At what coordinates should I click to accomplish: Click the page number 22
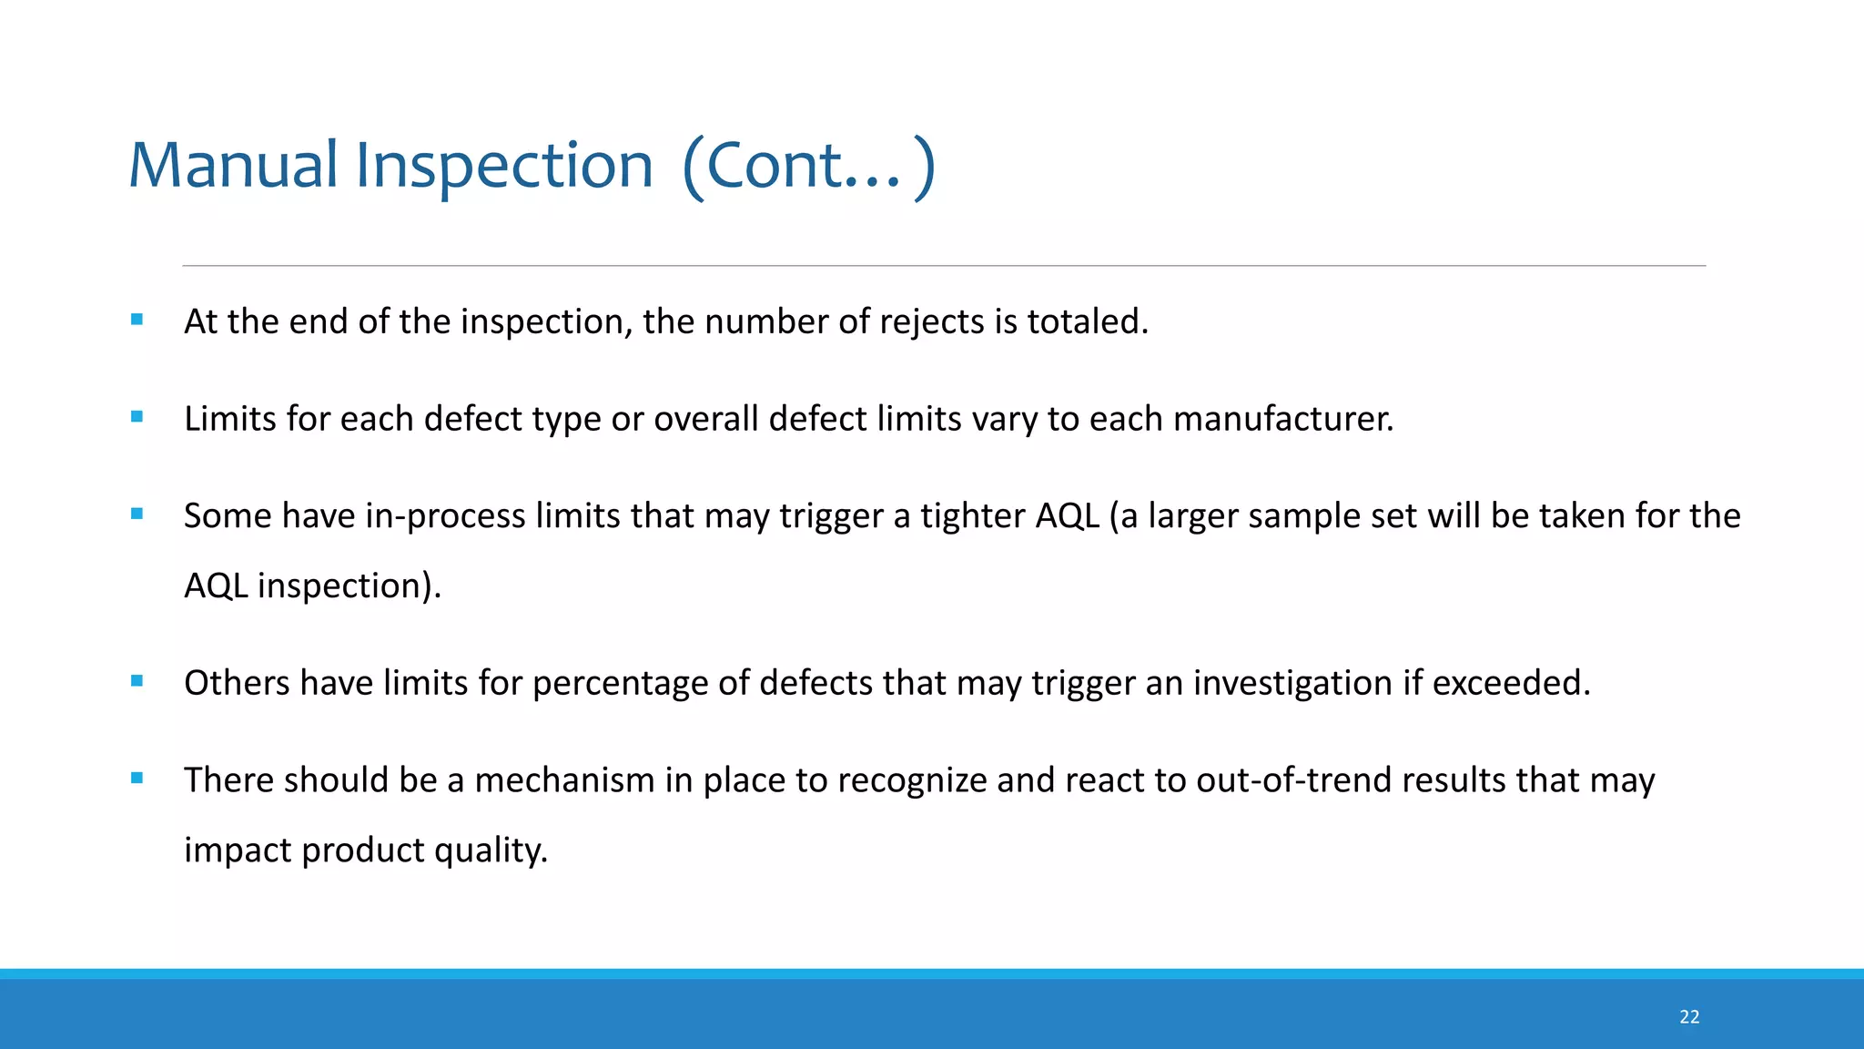pos(1689,1017)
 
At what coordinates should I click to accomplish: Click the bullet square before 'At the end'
pos(137,320)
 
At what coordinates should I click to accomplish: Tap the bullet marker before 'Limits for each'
pos(137,417)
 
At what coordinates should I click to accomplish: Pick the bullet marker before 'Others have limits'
pos(137,681)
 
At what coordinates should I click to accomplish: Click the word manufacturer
pos(1282,419)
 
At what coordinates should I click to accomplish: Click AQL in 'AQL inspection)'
pos(216,586)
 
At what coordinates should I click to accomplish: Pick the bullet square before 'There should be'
pos(137,779)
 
